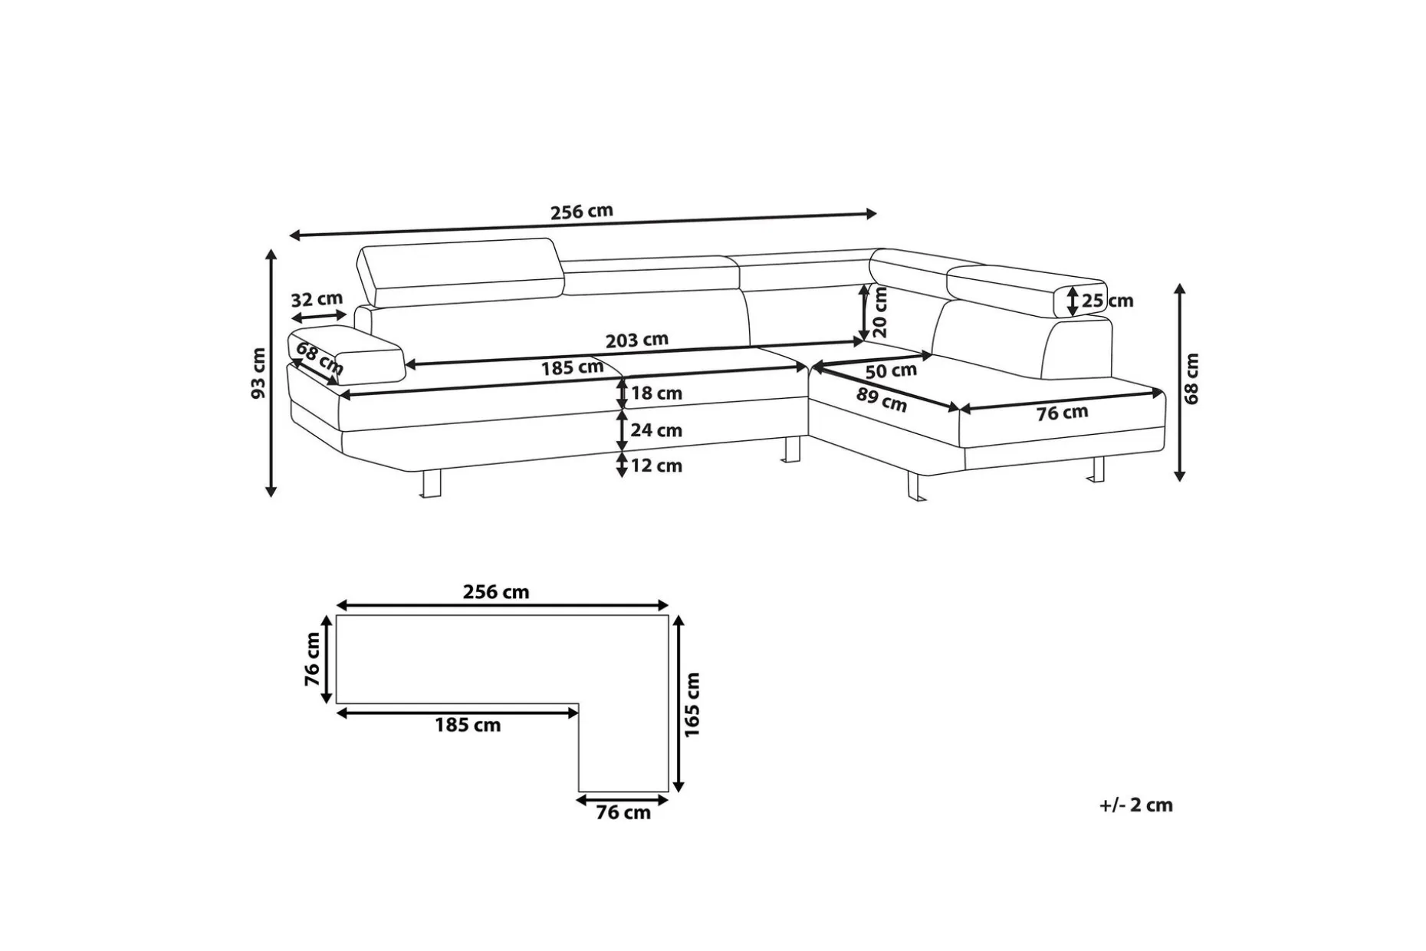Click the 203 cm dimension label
636,340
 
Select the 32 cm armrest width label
317,298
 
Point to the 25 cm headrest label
1107,301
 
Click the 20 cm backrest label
879,311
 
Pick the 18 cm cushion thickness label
656,393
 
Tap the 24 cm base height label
656,430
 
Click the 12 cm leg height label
656,466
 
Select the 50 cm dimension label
891,371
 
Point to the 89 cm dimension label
882,400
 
